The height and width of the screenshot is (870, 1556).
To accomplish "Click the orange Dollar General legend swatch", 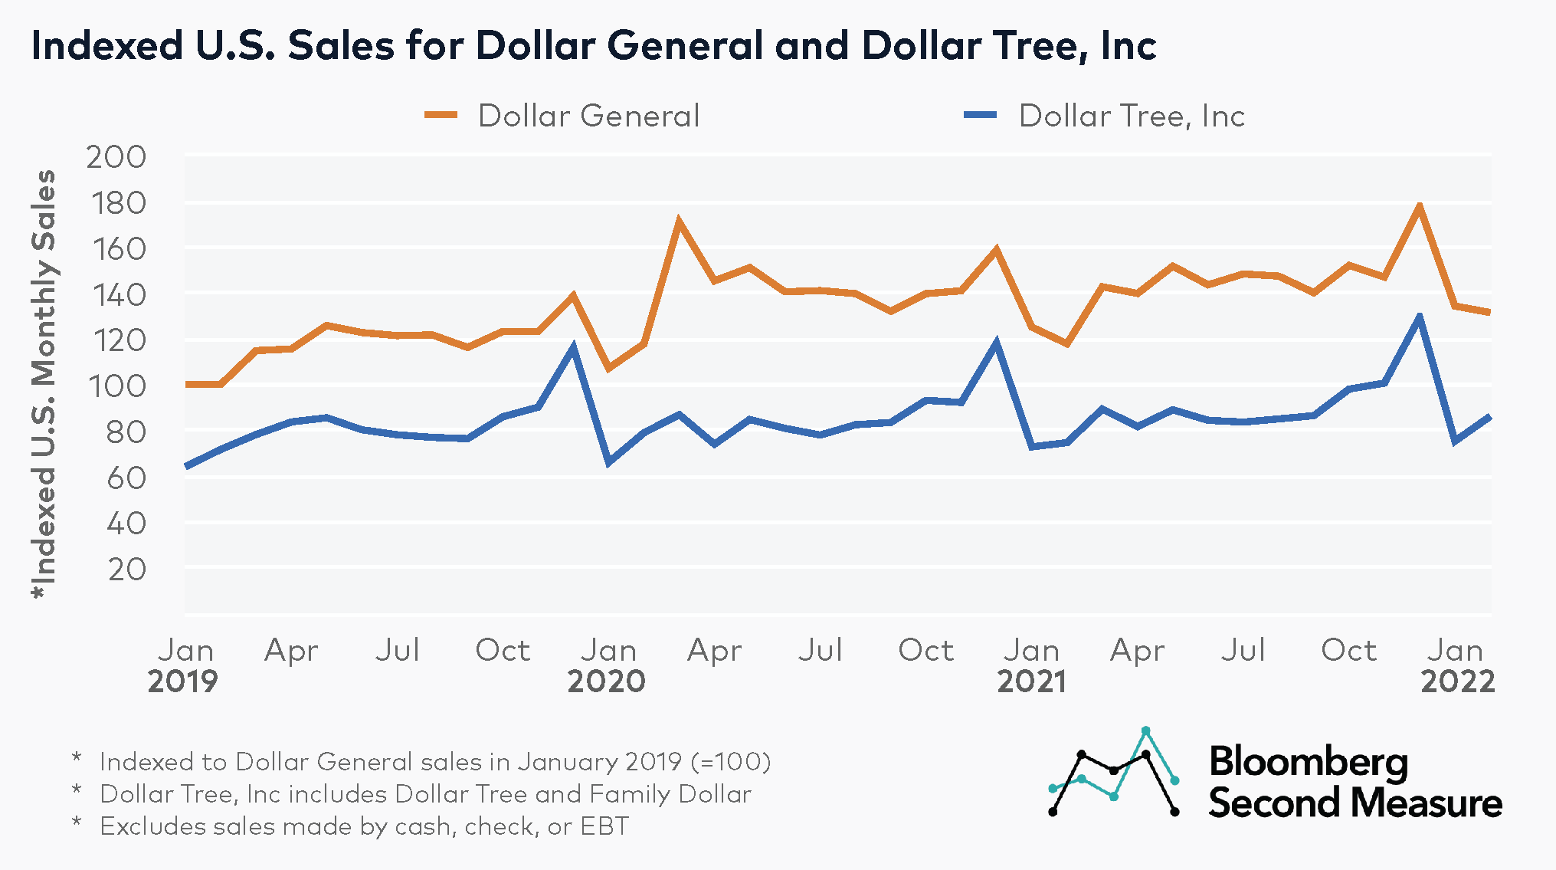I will (441, 116).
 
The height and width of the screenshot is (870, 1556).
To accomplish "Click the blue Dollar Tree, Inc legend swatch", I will (980, 116).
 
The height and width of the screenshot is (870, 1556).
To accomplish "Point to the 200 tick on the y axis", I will (116, 157).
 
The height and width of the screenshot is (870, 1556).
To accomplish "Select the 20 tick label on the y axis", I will (126, 570).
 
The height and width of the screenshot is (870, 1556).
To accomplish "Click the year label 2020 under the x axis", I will (606, 681).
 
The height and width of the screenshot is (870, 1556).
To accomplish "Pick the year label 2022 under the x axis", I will (1457, 681).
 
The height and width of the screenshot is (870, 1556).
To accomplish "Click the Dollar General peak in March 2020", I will (679, 222).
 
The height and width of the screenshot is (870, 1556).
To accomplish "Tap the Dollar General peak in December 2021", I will (1419, 206).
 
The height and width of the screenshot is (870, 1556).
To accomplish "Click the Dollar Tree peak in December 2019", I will (573, 348).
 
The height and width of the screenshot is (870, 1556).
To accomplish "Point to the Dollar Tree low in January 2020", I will (608, 462).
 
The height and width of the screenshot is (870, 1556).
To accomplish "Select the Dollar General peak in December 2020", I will (996, 250).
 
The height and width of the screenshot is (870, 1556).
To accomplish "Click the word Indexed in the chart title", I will (106, 45).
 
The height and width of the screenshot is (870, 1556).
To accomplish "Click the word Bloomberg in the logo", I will (1308, 762).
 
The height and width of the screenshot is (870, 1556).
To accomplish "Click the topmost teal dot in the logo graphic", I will (1145, 730).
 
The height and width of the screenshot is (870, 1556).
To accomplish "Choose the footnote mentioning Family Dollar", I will (425, 794).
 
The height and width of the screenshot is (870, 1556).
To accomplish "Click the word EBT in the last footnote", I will (604, 826).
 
